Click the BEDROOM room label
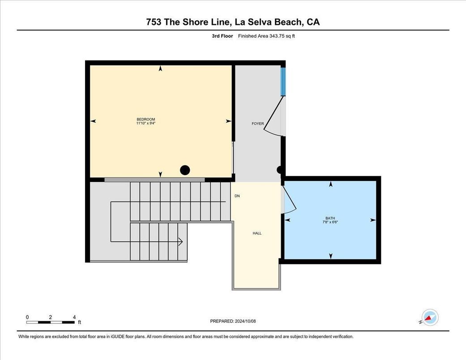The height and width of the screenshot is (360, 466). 146,119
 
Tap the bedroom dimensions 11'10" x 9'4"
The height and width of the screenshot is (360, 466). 146,123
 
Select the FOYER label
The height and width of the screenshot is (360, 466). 258,124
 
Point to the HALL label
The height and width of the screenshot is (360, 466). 257,233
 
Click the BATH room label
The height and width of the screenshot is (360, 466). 330,218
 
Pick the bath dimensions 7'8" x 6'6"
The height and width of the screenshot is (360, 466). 330,222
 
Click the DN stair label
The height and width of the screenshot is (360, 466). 237,196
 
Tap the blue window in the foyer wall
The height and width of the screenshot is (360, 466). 283,81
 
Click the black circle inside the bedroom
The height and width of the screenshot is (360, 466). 185,170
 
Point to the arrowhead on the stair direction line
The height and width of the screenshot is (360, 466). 180,242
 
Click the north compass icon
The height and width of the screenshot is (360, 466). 430,317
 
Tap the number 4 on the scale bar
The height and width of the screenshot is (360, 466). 74,317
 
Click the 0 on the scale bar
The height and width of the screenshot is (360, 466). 27,317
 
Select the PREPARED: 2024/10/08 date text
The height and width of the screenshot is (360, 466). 233,321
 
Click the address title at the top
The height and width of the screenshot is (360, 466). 233,22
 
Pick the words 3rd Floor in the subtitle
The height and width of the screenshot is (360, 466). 223,36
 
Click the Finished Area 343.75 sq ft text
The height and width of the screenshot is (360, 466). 266,36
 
